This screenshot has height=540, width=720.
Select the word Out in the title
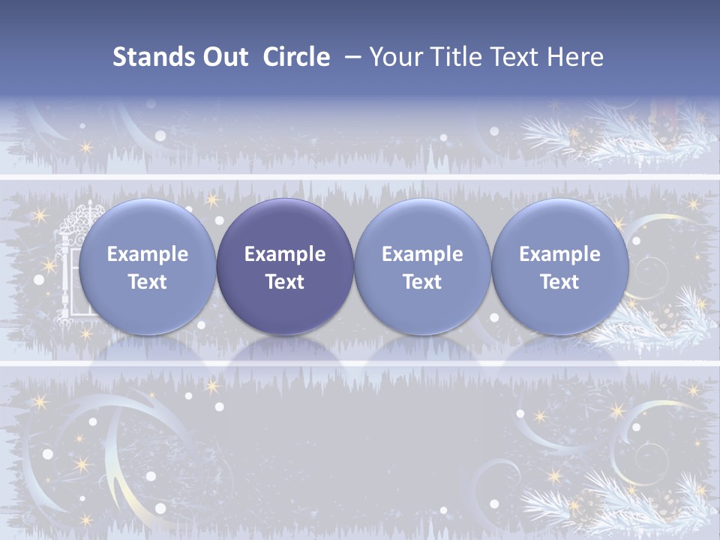pos(224,57)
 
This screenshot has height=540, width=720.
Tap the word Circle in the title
pos(296,57)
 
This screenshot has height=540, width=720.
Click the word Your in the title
pos(395,57)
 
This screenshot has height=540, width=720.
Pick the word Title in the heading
pos(458,57)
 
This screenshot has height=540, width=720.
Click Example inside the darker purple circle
pos(285,254)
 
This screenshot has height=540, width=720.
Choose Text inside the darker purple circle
pos(285,282)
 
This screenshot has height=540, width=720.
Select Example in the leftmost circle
pos(148,254)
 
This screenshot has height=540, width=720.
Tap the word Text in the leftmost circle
pos(148,282)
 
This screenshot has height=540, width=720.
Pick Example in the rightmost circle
pos(559,254)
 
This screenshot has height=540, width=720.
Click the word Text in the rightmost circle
pos(559,282)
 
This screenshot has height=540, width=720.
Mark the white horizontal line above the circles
pos(360,177)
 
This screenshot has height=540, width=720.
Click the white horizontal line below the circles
pos(360,364)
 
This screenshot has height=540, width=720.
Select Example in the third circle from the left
pos(422,254)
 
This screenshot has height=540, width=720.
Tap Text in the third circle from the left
pos(422,282)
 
